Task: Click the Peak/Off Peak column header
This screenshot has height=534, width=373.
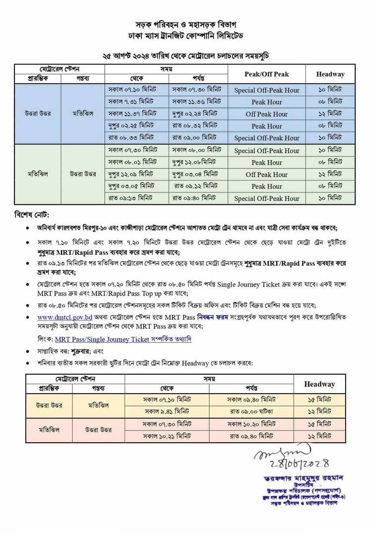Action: click(x=266, y=74)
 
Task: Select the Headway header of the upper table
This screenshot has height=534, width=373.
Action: click(x=330, y=74)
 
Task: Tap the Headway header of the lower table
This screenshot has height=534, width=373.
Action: click(x=319, y=384)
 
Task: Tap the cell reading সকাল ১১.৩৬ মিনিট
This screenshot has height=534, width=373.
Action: click(x=196, y=102)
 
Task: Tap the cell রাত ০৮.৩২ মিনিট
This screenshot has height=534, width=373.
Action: click(x=196, y=126)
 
